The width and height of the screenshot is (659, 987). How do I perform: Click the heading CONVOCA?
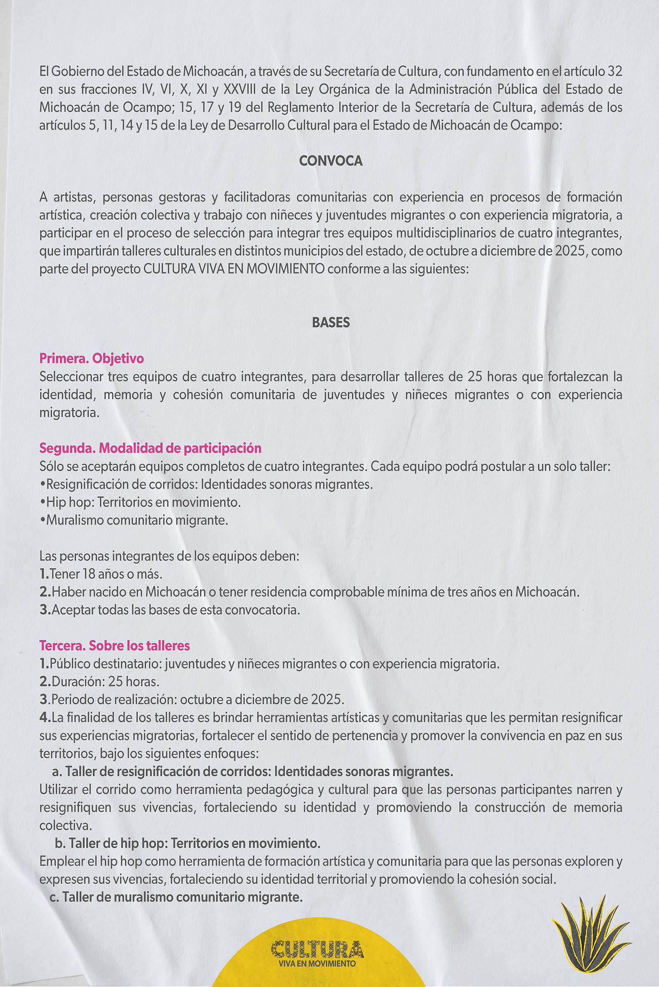click(331, 161)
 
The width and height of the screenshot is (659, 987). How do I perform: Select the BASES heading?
click(331, 322)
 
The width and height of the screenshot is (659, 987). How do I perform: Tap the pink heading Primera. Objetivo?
click(91, 358)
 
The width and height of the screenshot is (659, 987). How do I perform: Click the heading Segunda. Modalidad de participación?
click(150, 448)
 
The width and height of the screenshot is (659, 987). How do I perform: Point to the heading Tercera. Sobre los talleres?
click(115, 645)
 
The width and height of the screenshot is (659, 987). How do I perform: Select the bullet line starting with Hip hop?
click(141, 502)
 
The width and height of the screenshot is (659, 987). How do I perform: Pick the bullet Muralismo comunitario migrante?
click(135, 520)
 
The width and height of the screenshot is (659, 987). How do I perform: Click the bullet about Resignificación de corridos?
click(206, 484)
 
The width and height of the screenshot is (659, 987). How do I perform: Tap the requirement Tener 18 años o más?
click(101, 574)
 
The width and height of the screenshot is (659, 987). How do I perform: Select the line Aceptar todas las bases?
click(170, 610)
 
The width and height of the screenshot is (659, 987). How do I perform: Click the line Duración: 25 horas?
click(100, 681)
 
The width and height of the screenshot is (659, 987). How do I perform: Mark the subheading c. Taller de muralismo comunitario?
click(176, 897)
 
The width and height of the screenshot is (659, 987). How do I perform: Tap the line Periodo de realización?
click(192, 700)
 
